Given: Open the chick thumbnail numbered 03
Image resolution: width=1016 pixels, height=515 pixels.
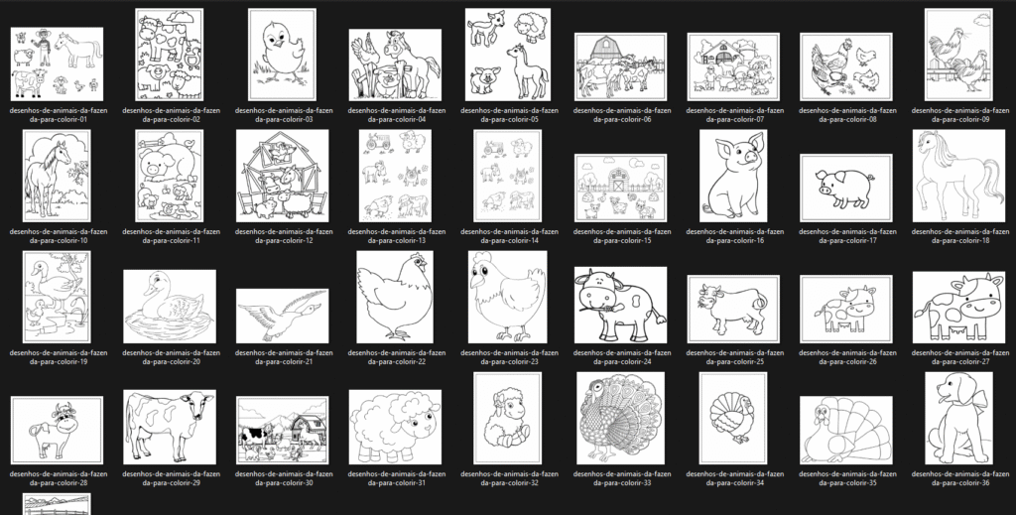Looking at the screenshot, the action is coord(282,55).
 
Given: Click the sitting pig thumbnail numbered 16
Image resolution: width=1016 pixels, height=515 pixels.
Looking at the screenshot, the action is coord(733,176).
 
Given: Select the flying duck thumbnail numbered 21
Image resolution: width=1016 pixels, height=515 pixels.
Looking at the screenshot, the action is coord(282,317).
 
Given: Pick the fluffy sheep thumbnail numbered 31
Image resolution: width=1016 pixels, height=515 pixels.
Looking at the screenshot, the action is coord(395,427).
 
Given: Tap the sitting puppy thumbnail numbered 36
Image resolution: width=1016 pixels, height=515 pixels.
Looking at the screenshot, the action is coord(958,419).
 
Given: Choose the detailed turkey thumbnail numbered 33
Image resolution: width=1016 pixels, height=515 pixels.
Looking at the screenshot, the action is coord(620,419).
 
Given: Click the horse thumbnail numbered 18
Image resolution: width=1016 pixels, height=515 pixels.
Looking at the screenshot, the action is coord(958,176).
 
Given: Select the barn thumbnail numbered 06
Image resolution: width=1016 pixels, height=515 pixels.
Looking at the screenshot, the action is coord(620,67).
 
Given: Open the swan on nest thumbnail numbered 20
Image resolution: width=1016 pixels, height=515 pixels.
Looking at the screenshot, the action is coord(169,307).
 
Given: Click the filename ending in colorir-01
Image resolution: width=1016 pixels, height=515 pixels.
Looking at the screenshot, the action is coord(59,115).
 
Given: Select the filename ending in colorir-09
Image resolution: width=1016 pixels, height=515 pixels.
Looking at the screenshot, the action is coord(960,115).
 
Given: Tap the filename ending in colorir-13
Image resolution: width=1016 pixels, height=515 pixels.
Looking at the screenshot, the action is coord(397,236).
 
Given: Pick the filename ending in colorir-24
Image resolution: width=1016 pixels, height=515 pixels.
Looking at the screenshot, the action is coord(622,357).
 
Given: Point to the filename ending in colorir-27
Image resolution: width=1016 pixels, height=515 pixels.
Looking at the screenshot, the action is coord(960,357).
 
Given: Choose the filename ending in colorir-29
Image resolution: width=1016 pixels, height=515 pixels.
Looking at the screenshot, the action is coord(171,478).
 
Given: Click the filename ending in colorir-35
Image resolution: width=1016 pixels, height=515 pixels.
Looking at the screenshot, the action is coord(847,478).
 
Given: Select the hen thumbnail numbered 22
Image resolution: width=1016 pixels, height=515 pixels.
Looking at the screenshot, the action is coord(395,298).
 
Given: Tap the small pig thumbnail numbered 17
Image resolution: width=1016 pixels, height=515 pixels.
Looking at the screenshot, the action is coord(845,188).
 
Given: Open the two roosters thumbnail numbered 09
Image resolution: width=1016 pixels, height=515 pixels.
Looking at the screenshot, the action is coord(958,55).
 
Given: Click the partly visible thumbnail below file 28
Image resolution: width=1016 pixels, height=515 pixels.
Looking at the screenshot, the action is coord(57,504).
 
